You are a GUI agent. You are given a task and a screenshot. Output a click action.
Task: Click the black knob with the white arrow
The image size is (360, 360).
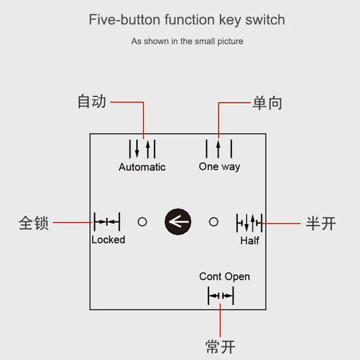(178, 222)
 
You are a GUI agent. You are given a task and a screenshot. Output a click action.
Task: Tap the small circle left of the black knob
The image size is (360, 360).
(142, 222)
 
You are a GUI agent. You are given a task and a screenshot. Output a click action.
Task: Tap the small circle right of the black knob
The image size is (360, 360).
(214, 222)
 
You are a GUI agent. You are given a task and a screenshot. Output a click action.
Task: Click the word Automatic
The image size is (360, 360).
(142, 167)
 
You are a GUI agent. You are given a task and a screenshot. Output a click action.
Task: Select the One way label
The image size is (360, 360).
(219, 167)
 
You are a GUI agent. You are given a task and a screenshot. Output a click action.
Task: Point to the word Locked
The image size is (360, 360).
(108, 240)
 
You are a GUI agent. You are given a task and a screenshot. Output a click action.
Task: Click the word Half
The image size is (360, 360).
(250, 240)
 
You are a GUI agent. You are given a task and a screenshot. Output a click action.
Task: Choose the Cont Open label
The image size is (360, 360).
(225, 276)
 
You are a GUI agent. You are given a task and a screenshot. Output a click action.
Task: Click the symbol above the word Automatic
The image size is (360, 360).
(143, 149)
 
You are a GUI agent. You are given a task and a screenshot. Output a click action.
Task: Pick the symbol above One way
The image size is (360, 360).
(219, 148)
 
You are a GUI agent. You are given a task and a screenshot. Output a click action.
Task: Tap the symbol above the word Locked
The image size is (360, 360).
(107, 222)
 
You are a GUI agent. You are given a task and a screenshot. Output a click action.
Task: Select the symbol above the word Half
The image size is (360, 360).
(249, 222)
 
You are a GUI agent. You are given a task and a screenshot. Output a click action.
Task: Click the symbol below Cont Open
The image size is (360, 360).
(221, 296)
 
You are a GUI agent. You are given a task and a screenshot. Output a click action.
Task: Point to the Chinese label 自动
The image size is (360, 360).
(92, 102)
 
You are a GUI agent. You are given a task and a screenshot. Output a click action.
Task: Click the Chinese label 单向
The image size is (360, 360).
(267, 103)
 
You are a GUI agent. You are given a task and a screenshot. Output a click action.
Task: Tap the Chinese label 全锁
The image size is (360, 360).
(34, 223)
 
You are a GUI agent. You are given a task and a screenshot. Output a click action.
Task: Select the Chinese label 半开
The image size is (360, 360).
(321, 223)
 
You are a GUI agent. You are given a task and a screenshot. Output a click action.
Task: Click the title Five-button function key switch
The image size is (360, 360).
(187, 20)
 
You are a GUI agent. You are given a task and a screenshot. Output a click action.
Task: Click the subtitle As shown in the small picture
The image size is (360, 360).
(187, 41)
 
